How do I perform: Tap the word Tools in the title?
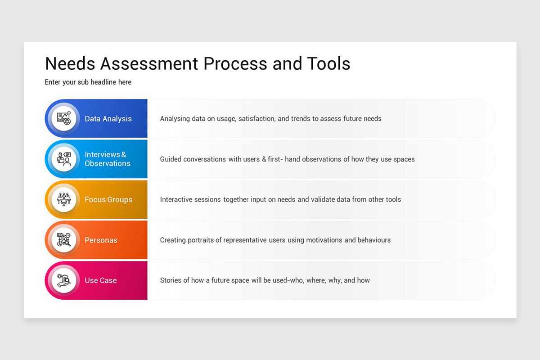coord(329,63)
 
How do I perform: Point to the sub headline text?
coord(88,82)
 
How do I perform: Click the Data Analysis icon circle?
coord(64,119)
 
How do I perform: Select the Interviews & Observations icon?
coord(64,159)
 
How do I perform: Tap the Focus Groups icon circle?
coord(64,199)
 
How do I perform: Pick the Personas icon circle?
coord(64,240)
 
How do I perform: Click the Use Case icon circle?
coord(64,280)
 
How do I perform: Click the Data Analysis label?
coord(108,119)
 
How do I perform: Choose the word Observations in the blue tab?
coord(108,164)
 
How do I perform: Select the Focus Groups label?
coord(108,199)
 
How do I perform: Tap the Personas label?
coord(101,240)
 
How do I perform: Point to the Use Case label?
coord(101,280)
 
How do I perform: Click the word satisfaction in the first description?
coord(256,119)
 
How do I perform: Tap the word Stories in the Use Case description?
coord(171,280)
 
